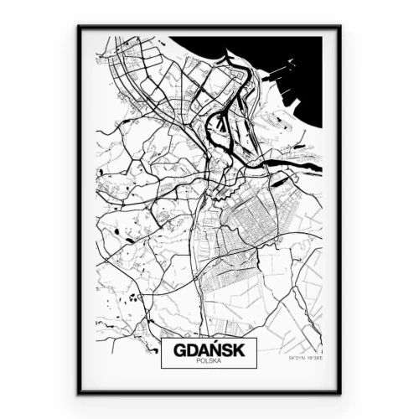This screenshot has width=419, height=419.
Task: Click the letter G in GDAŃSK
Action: point(175,349)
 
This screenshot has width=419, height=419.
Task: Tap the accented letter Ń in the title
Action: point(215,348)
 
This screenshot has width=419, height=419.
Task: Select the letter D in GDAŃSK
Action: point(189,349)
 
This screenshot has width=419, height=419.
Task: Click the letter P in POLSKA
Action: point(196,361)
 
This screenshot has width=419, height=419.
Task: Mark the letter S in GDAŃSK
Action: point(228,349)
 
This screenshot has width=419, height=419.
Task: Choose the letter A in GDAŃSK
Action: point(201,349)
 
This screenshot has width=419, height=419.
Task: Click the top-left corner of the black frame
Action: point(79,26)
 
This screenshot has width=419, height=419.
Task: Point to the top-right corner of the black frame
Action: point(340,26)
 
